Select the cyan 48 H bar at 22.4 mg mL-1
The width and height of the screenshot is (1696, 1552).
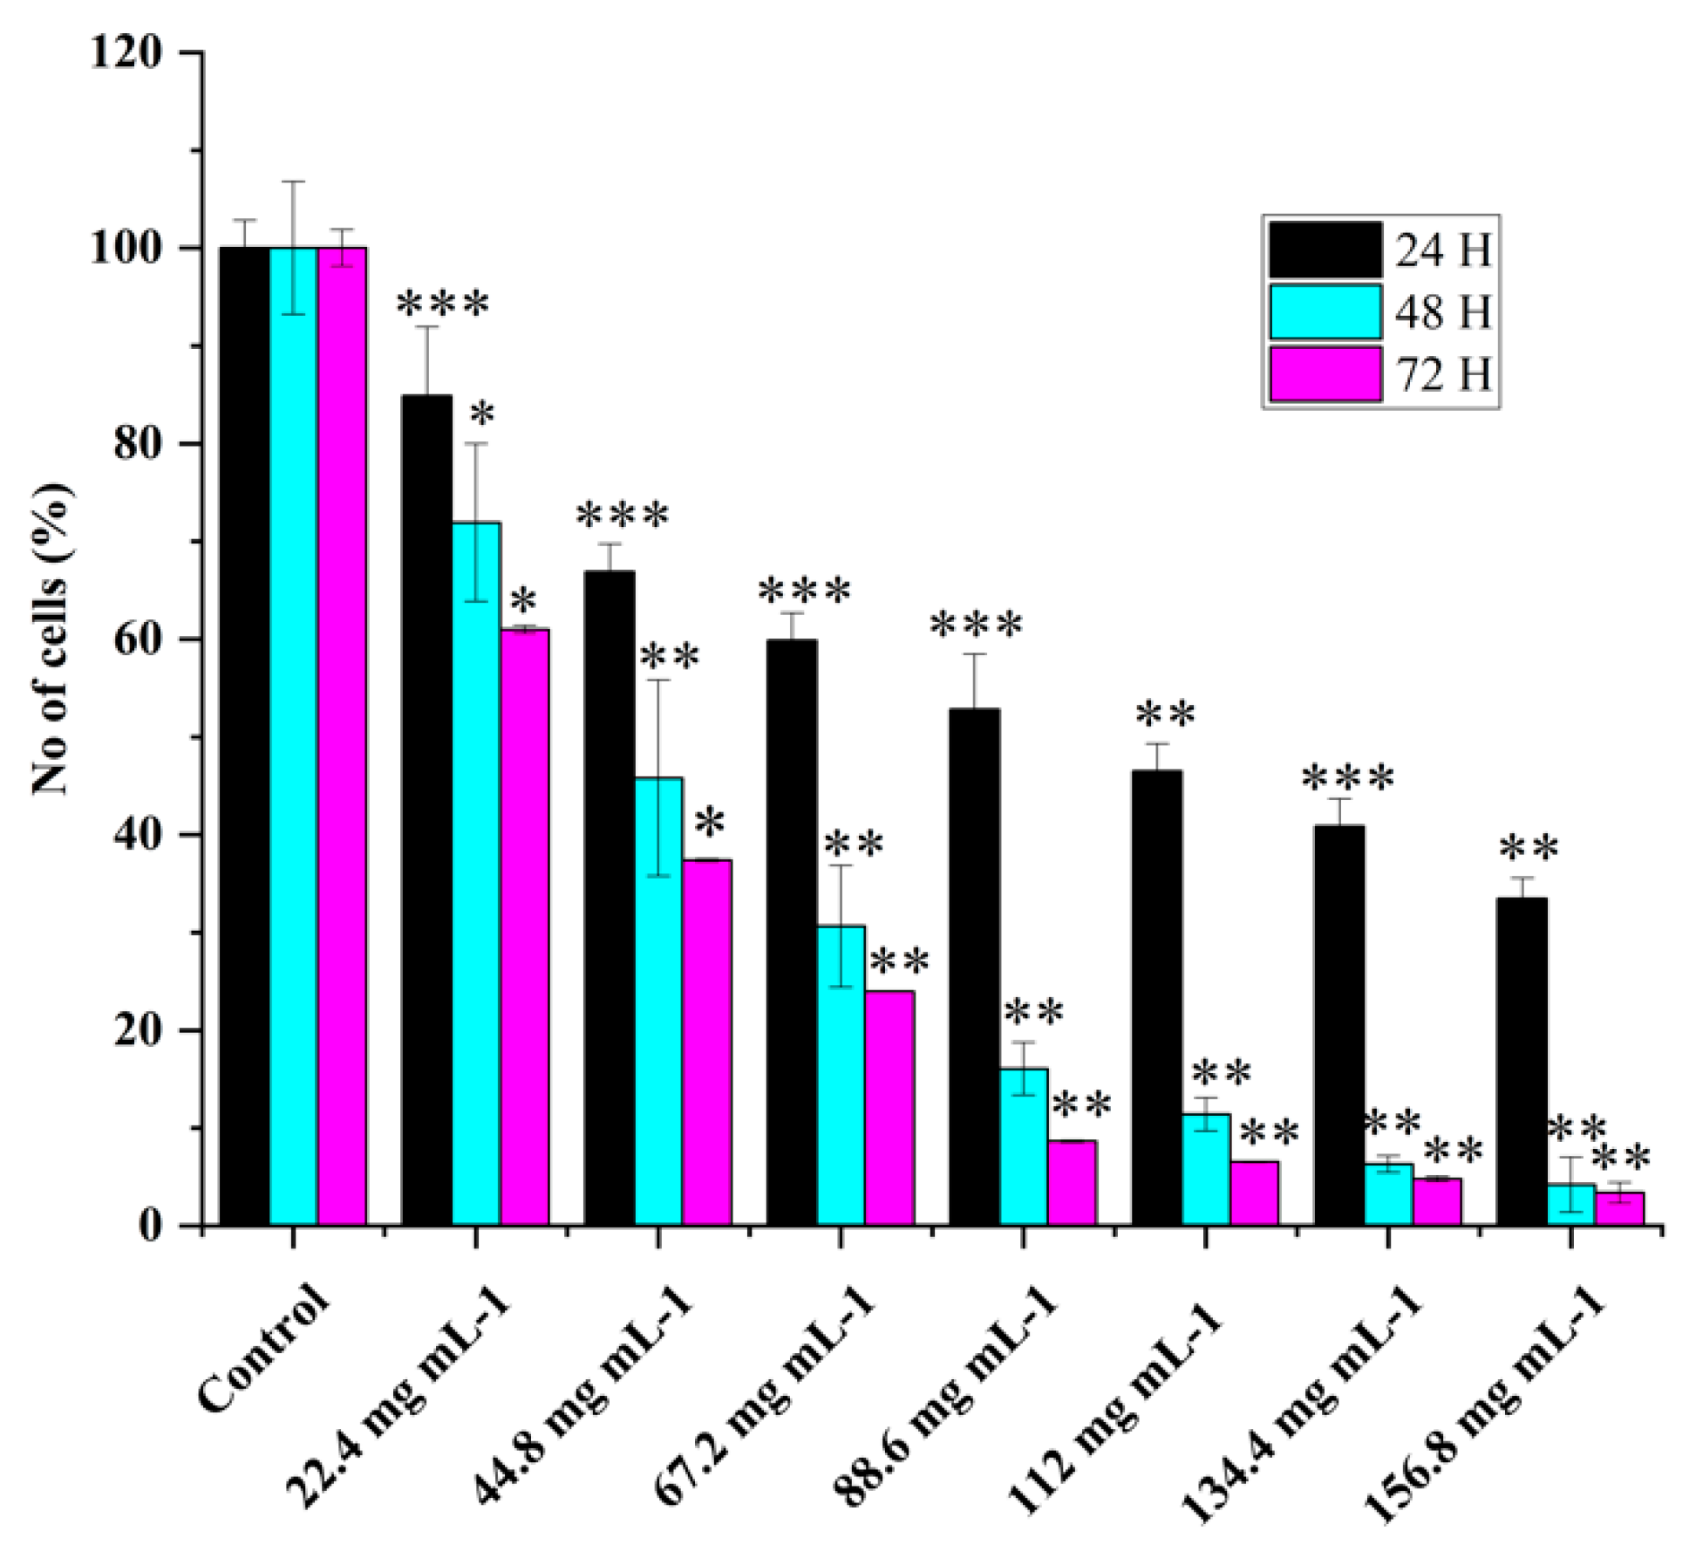coord(476,872)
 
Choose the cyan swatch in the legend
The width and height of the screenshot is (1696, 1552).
coord(1325,311)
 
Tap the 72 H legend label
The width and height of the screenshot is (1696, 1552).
coord(1443,374)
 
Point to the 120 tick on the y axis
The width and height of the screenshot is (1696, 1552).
coord(126,53)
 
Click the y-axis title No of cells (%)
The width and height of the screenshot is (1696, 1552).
coord(51,639)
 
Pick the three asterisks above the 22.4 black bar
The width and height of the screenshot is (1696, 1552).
coord(443,305)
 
